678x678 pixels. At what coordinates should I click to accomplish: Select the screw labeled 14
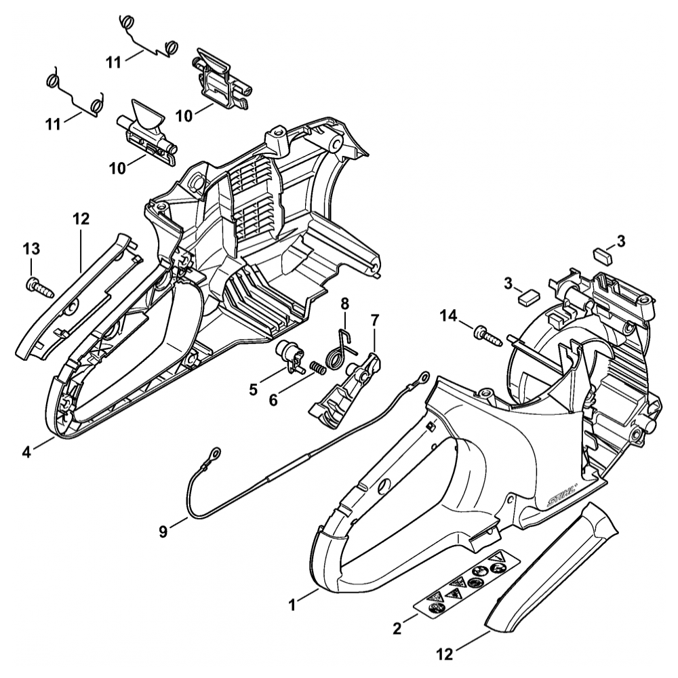point(490,334)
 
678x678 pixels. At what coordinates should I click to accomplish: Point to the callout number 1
point(292,602)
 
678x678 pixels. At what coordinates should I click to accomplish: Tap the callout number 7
point(375,319)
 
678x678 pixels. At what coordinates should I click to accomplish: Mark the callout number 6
point(273,401)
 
